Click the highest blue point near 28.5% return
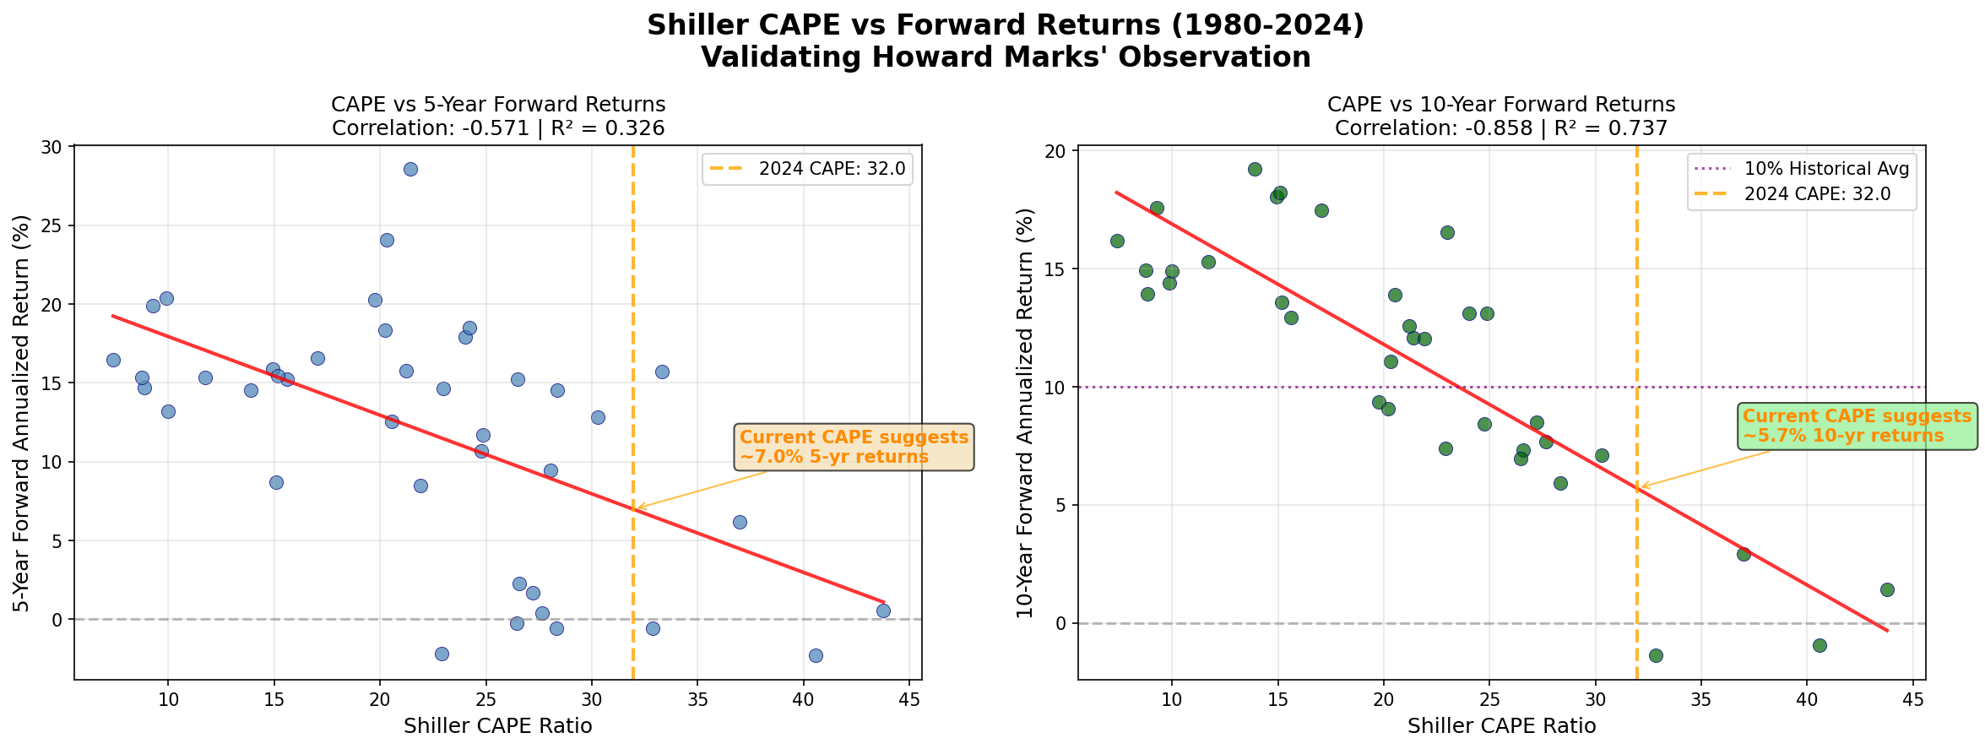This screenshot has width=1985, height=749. click(410, 169)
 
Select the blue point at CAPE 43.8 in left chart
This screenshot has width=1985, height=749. click(883, 611)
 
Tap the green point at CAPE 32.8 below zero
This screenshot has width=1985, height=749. click(1656, 655)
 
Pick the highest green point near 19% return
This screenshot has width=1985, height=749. click(1255, 169)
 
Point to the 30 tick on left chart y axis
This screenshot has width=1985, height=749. click(52, 148)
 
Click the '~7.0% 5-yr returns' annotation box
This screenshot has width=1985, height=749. click(854, 448)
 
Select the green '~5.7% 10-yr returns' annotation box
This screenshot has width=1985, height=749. click(1856, 426)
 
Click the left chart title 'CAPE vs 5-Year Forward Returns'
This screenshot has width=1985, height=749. click(498, 105)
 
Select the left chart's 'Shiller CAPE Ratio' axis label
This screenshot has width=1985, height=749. click(498, 726)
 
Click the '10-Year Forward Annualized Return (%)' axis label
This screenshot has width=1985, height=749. click(1025, 414)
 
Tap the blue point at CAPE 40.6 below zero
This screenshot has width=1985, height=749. click(816, 655)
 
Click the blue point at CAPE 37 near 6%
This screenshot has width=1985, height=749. click(740, 522)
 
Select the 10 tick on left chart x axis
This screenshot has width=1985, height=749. click(168, 698)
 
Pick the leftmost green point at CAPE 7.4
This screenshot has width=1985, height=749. click(1117, 241)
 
